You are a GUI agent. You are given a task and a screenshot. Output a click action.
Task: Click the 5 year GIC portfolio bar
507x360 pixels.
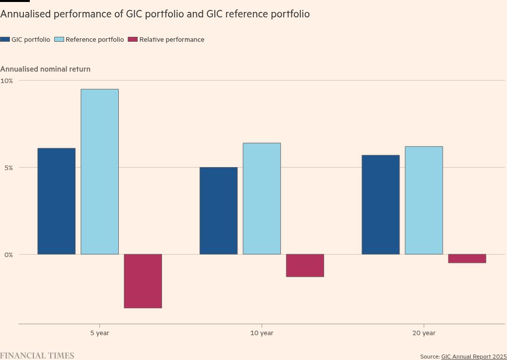(57, 201)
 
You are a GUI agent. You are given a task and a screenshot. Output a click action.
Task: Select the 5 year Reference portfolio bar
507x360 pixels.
(100, 172)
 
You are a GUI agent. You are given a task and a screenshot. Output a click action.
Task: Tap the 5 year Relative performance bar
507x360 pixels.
(143, 281)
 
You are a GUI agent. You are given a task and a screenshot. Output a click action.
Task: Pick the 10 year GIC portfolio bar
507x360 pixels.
(219, 211)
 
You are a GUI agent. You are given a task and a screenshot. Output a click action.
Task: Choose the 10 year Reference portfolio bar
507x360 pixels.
(262, 199)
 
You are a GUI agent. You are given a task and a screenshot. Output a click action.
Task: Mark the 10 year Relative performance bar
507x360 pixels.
(305, 266)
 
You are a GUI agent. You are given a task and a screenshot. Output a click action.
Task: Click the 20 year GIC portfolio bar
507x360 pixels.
(381, 205)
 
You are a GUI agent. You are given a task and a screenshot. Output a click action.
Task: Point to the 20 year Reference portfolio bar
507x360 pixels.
(424, 200)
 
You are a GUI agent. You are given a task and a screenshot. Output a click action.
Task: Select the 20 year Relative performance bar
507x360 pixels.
(467, 259)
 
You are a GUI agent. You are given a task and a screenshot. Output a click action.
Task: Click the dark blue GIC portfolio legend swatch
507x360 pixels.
(5, 40)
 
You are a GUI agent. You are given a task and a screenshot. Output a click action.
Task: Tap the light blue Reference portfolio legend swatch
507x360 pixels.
(59, 40)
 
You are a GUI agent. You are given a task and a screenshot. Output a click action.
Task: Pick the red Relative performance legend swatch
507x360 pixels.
(133, 40)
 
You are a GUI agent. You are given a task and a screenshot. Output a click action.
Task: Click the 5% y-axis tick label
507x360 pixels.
(8, 168)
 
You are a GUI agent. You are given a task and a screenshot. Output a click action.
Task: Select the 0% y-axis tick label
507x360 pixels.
(8, 255)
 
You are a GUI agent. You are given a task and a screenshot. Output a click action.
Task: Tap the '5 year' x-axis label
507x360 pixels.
(100, 333)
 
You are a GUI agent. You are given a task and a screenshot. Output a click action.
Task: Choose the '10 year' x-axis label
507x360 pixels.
(262, 333)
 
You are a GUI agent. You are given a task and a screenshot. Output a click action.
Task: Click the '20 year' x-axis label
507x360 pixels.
(424, 333)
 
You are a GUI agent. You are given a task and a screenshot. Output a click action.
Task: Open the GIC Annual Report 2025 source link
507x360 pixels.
(474, 357)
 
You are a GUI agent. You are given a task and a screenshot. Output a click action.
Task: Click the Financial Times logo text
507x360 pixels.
(37, 356)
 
